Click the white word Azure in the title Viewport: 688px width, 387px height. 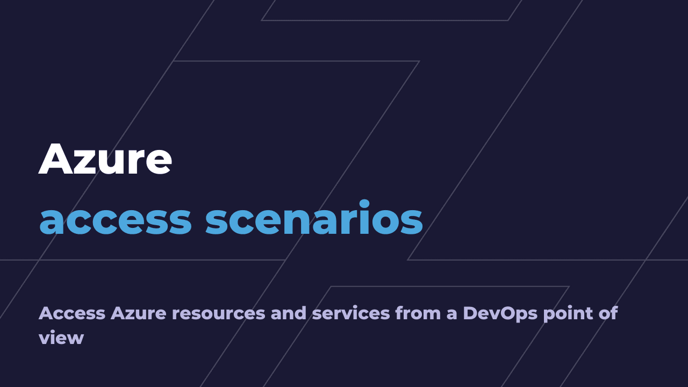click(x=105, y=160)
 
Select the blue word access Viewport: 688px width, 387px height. click(x=116, y=220)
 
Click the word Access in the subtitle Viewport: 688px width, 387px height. click(x=72, y=313)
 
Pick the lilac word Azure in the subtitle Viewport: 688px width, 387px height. click(x=139, y=313)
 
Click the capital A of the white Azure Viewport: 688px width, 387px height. click(x=56, y=160)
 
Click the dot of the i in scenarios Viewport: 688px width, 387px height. click(x=364, y=204)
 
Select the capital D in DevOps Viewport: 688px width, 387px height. click(x=470, y=313)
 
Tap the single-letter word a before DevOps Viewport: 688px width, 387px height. click(x=451, y=314)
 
